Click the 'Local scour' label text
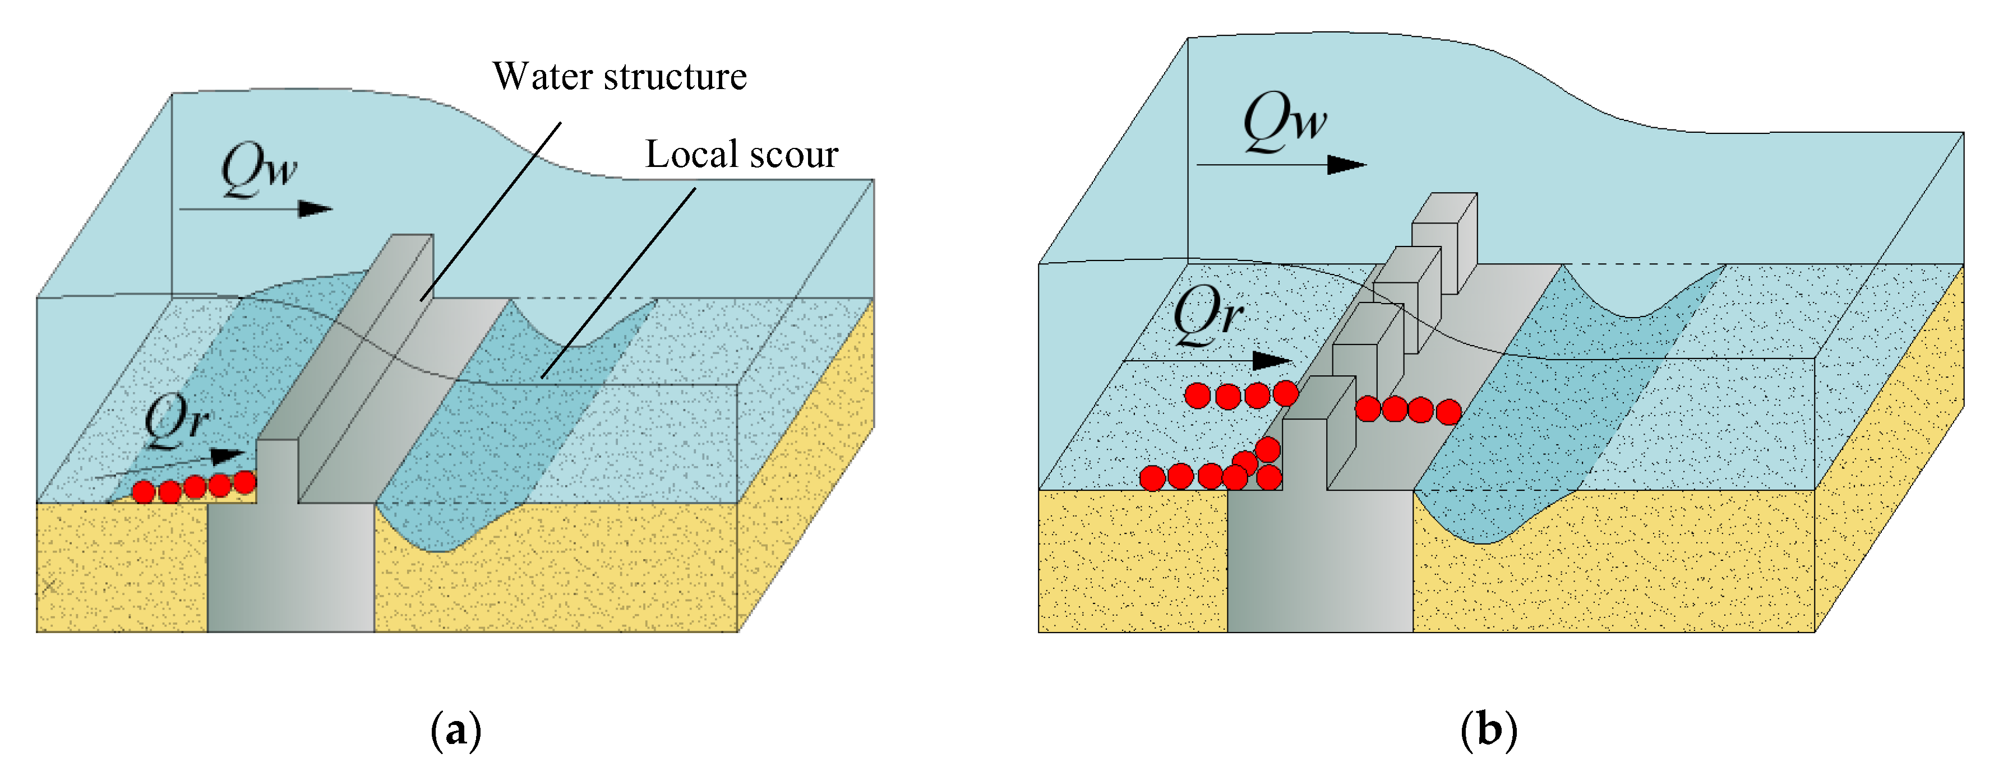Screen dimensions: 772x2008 pos(741,154)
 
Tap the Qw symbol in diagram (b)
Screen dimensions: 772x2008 pos(1284,121)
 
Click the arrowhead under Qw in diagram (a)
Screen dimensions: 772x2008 pos(316,209)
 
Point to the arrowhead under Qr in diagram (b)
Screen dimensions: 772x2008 pos(1271,361)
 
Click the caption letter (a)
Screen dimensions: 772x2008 pos(456,730)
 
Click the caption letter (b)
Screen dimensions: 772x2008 pos(1489,730)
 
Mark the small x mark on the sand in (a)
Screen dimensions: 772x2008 pos(49,586)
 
